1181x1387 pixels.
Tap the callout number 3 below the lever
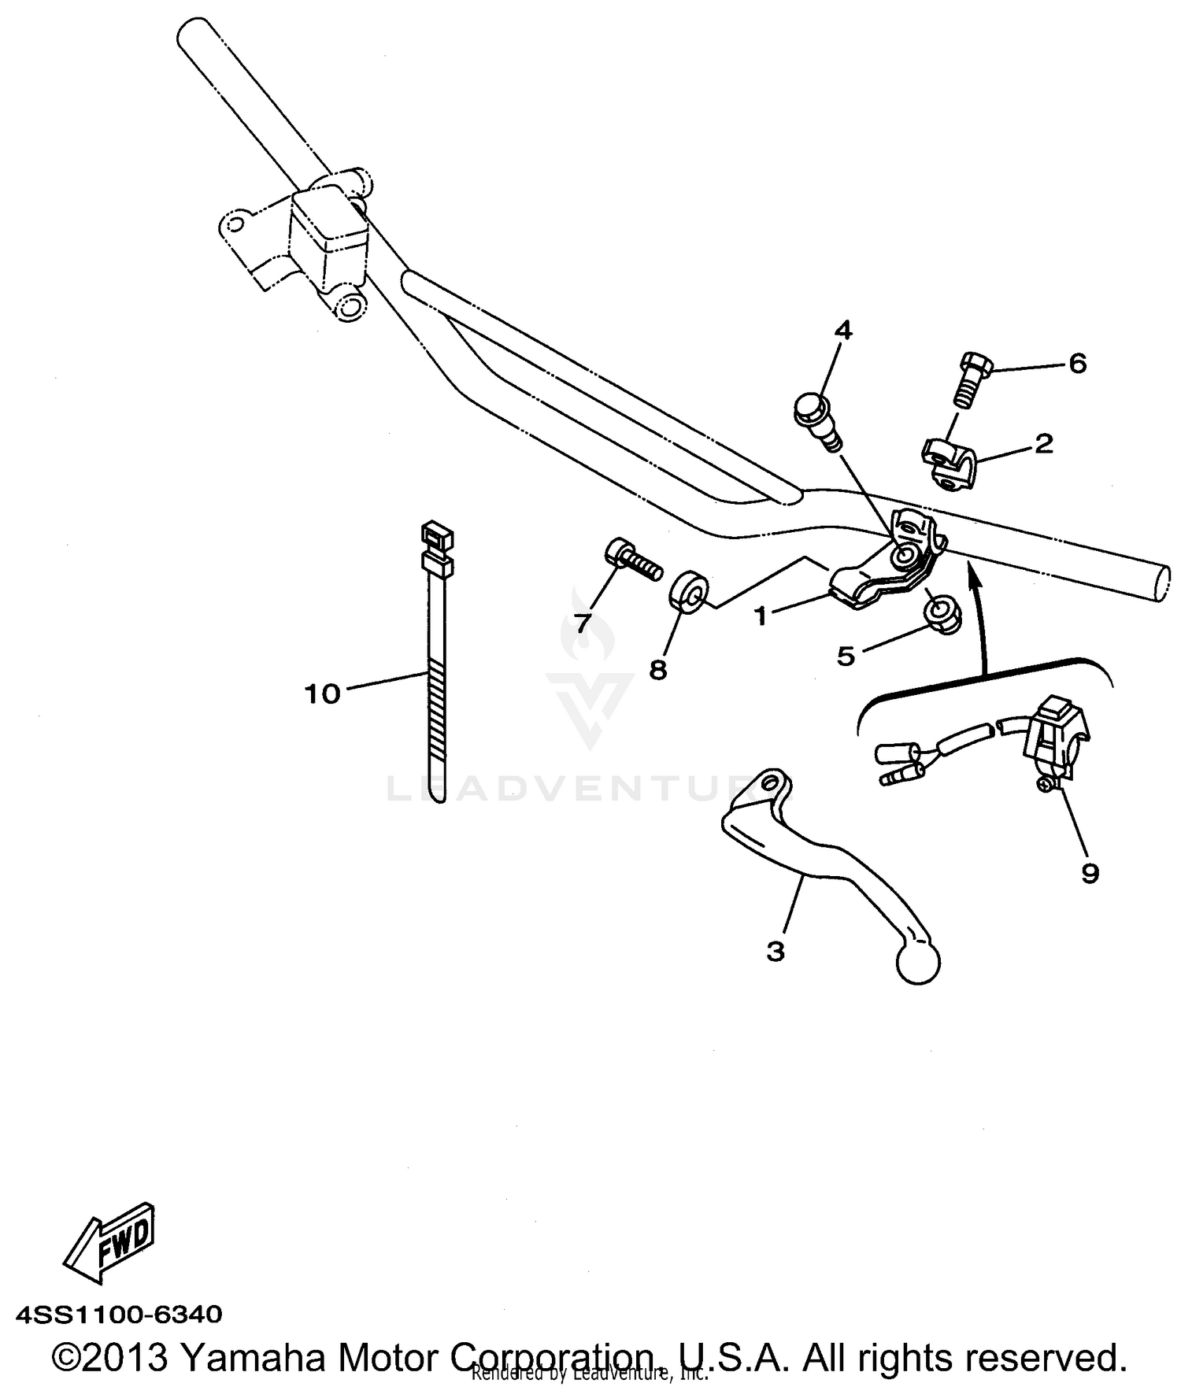click(776, 952)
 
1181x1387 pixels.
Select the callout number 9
click(1090, 873)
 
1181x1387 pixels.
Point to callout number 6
click(1077, 364)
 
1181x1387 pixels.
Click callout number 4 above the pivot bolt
click(843, 330)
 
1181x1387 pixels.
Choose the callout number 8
click(658, 670)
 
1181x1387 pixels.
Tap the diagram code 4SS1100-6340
click(118, 1315)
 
